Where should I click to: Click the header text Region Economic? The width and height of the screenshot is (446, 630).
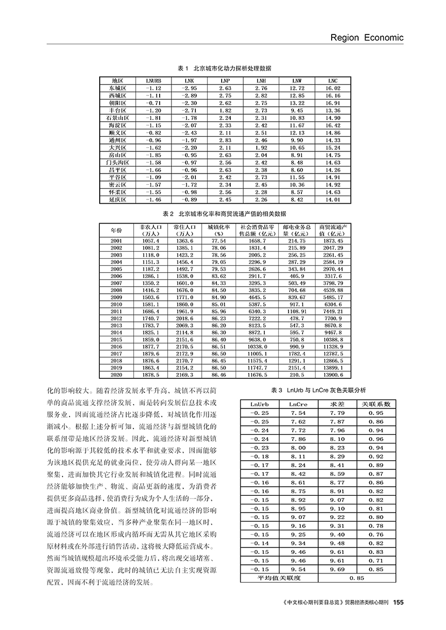(x=366, y=37)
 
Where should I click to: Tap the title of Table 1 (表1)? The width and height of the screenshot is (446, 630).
(x=224, y=68)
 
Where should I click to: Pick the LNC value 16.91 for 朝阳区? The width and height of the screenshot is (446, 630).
(x=333, y=103)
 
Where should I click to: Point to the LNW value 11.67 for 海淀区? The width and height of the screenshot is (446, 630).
(x=297, y=125)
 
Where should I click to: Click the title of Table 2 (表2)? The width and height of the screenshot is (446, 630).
(x=224, y=213)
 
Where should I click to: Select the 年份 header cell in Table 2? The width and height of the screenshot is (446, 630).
(x=116, y=230)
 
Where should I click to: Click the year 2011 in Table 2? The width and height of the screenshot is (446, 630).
(x=116, y=311)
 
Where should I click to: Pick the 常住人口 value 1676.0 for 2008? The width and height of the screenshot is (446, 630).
(x=184, y=289)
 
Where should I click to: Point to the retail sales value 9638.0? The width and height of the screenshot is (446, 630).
(x=257, y=339)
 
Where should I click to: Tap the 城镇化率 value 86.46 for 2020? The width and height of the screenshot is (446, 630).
(x=219, y=374)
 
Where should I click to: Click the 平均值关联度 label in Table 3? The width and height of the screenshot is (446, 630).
(x=279, y=578)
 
